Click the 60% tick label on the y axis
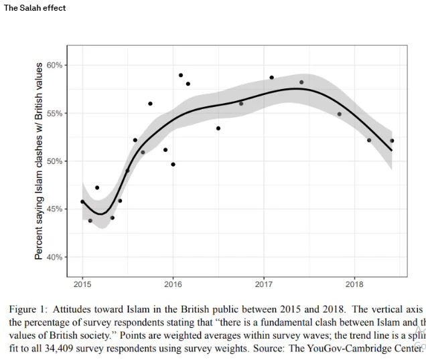[54, 65]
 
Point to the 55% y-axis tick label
[54, 113]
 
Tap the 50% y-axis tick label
[54, 161]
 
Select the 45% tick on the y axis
[54, 209]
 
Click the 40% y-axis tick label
[54, 257]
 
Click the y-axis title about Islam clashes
[40, 161]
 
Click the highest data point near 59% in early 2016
[181, 75]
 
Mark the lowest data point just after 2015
[90, 221]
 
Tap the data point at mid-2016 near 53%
[218, 128]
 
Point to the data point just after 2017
[272, 78]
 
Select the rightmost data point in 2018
[392, 141]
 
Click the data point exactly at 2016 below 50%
[173, 165]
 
